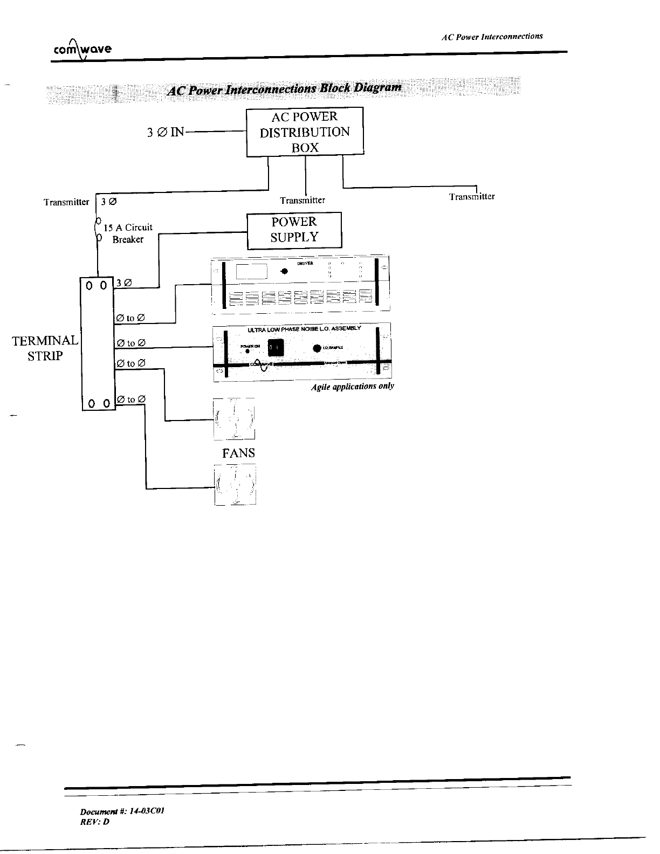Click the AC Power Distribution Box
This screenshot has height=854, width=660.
point(305,132)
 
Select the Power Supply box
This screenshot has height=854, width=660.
point(294,230)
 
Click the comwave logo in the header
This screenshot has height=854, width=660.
point(82,50)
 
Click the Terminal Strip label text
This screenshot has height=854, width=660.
point(46,348)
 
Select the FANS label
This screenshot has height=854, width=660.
point(238,453)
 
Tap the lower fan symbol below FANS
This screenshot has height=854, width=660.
point(235,485)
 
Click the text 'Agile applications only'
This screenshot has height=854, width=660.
point(353,387)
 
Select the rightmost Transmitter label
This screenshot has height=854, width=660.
point(472,197)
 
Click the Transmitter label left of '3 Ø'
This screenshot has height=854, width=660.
point(66,202)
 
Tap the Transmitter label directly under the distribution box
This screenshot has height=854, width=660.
point(302,201)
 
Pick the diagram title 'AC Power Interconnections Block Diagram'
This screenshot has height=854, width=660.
point(285,89)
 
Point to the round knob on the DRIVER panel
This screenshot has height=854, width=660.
point(284,271)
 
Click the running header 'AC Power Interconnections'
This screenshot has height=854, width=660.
point(492,37)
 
